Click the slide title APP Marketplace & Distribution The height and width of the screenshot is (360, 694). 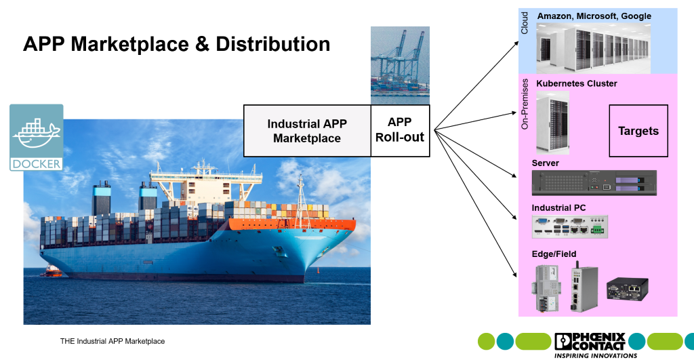(x=176, y=44)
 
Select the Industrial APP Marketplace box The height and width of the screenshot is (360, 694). (x=307, y=131)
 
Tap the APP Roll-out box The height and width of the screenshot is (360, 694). (x=400, y=129)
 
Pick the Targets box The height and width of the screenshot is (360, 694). (x=638, y=131)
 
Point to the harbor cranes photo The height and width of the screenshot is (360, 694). (x=400, y=65)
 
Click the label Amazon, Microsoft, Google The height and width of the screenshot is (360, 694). (x=594, y=16)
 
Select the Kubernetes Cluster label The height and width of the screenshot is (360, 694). (x=577, y=83)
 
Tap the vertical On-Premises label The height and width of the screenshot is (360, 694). (x=525, y=109)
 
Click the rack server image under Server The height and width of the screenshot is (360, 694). (x=594, y=182)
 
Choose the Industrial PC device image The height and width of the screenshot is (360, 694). (x=570, y=227)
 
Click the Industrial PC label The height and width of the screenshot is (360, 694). (x=558, y=207)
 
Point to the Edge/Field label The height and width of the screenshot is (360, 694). (x=554, y=254)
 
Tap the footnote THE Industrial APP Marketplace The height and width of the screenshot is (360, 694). (x=113, y=341)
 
